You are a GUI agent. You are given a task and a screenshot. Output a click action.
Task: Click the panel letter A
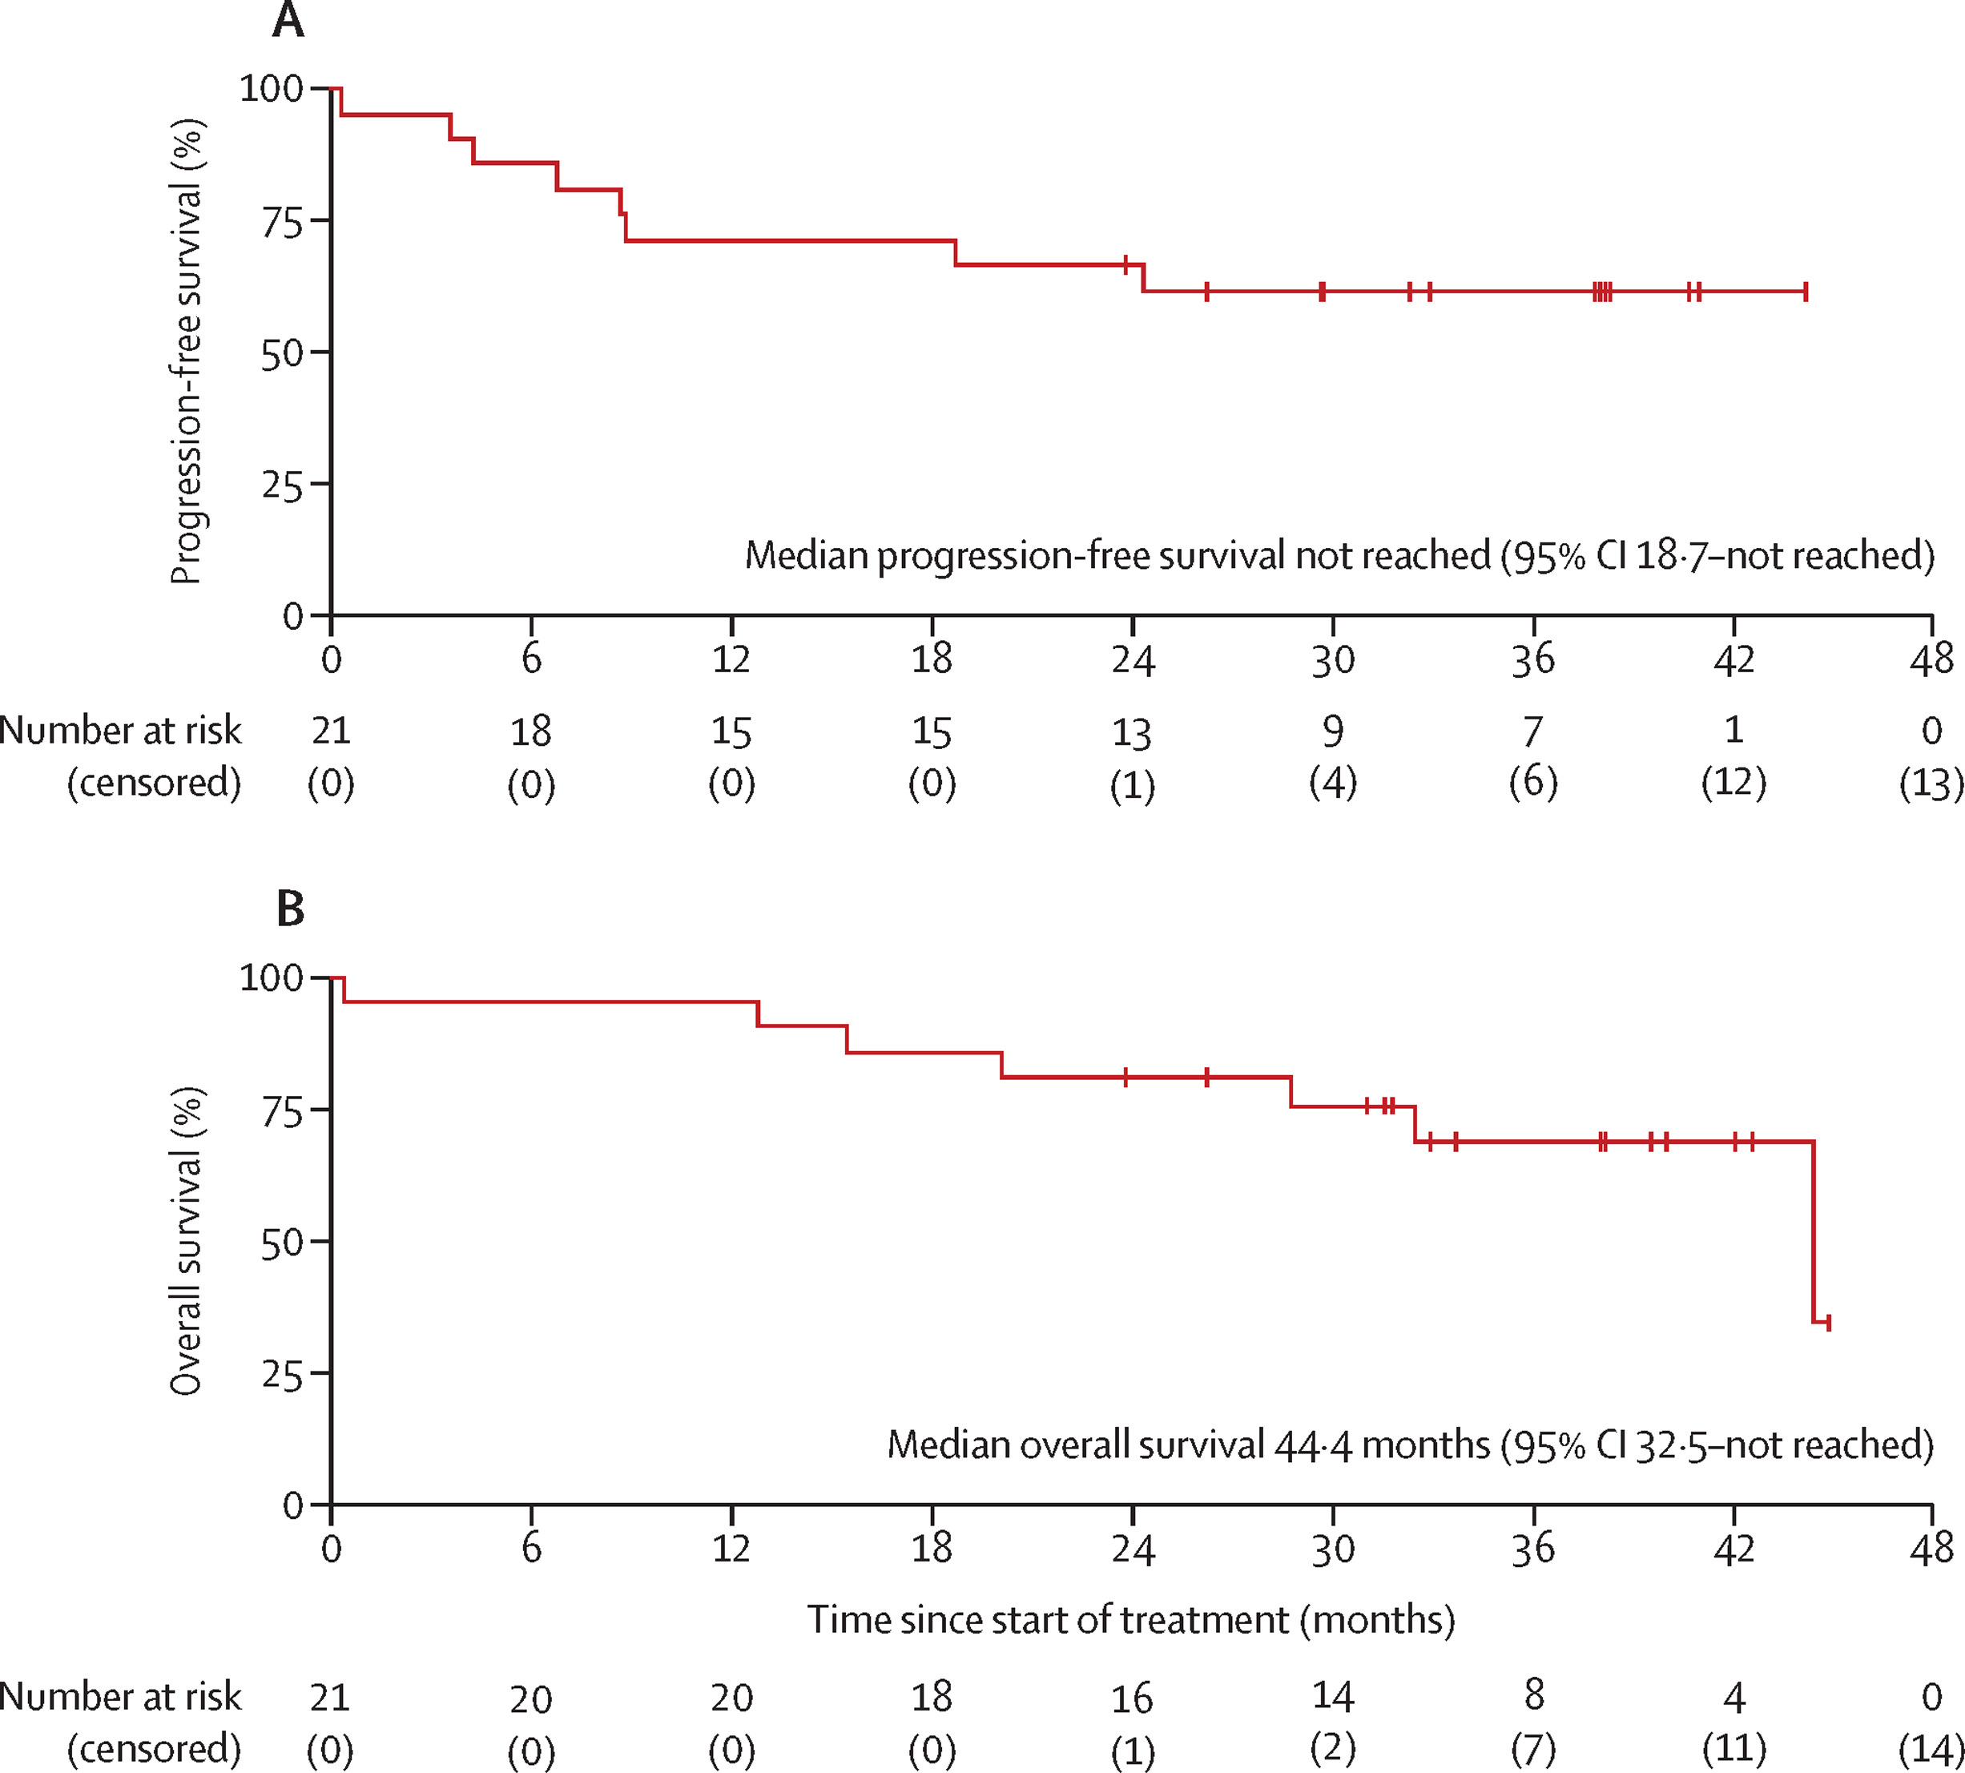pyautogui.click(x=288, y=19)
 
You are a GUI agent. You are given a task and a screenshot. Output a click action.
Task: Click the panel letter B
pyautogui.click(x=290, y=908)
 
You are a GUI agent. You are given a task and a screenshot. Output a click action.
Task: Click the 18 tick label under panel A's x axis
pyautogui.click(x=932, y=659)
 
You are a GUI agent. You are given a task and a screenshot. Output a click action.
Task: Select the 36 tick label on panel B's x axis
pyautogui.click(x=1533, y=1549)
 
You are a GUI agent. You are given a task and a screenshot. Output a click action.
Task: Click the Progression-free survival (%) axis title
pyautogui.click(x=187, y=351)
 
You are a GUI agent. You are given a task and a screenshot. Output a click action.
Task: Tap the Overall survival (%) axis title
pyautogui.click(x=187, y=1241)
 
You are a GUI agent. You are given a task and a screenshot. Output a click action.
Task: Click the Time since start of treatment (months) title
pyautogui.click(x=1131, y=1620)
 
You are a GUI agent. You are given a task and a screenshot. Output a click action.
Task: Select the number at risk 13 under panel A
pyautogui.click(x=1132, y=732)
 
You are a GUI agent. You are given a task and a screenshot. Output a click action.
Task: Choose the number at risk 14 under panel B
pyautogui.click(x=1333, y=1696)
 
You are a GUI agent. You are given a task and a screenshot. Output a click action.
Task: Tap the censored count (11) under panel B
pyautogui.click(x=1734, y=1749)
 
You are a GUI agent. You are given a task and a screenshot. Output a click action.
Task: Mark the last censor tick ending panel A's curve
pyautogui.click(x=1806, y=292)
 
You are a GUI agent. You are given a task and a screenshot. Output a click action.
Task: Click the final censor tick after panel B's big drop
pyautogui.click(x=1829, y=1323)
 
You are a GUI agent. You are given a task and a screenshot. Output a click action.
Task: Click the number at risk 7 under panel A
pyautogui.click(x=1533, y=731)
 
